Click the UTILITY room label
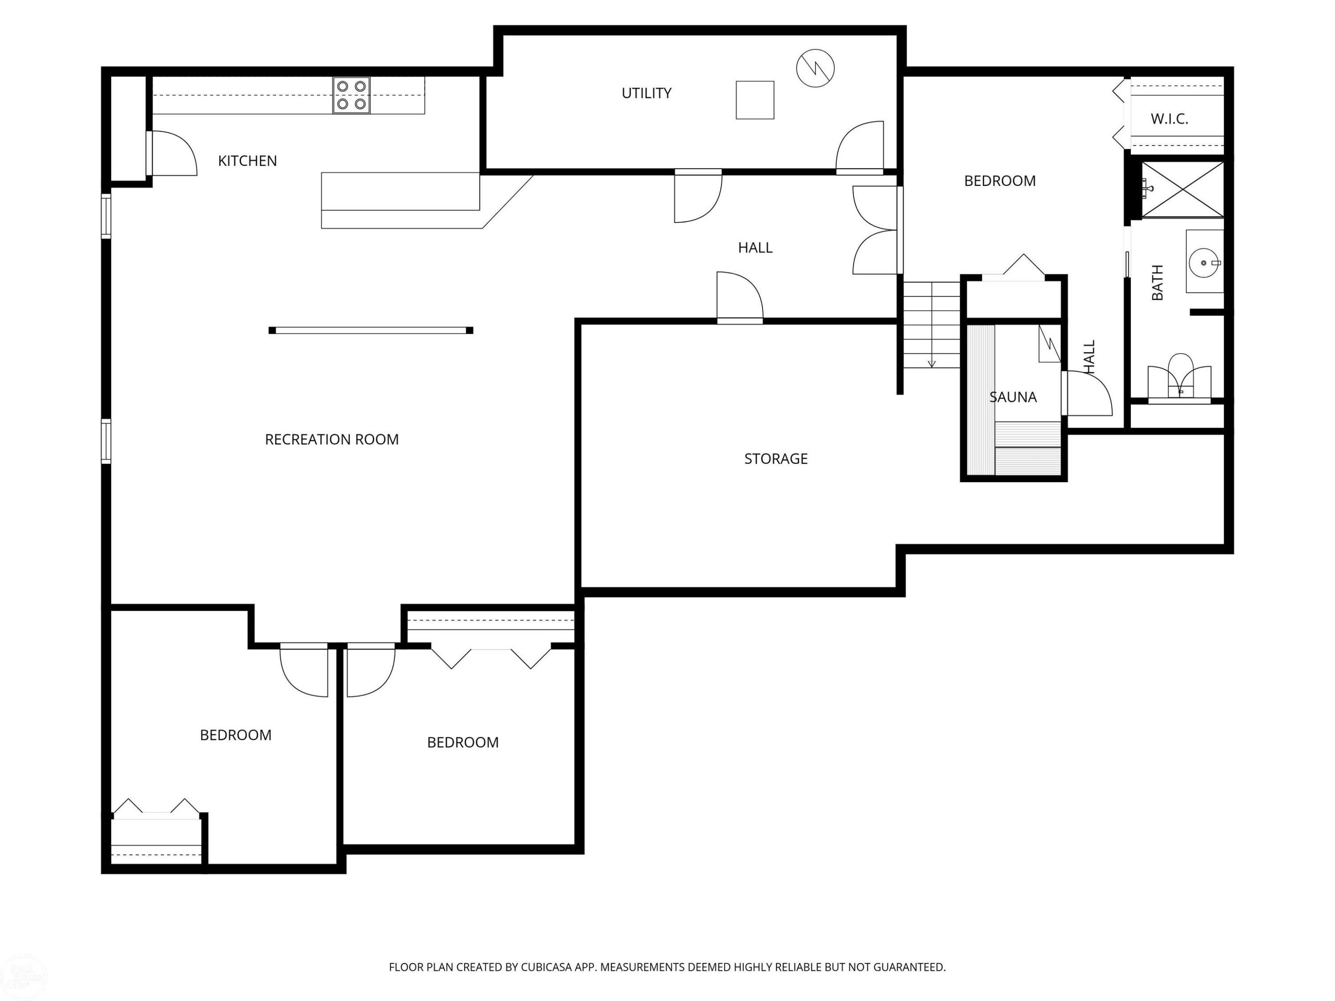coord(647,93)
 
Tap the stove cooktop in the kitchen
coord(351,95)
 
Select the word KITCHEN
coord(247,161)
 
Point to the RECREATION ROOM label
coord(332,439)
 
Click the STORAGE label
coord(776,459)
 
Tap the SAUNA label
coord(1013,397)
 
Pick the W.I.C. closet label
coord(1169,119)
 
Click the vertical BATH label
coord(1157,283)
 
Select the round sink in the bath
coord(1203,263)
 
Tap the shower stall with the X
coord(1183,189)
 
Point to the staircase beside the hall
coord(932,325)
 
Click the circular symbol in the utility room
coord(815,68)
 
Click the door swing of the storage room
coord(740,296)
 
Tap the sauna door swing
coord(1086,393)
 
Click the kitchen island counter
coord(400,191)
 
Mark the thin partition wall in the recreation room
coord(371,330)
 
